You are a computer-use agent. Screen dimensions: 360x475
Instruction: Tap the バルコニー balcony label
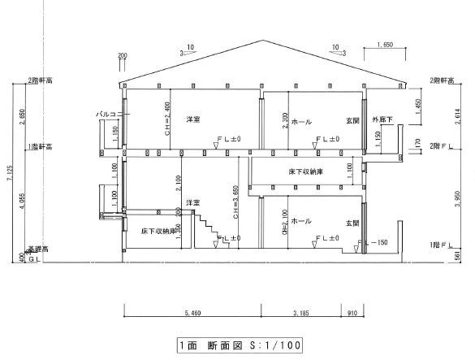[x=109, y=115]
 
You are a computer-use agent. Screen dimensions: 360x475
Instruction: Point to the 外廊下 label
[x=382, y=119]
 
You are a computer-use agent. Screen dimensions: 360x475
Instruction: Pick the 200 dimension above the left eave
[x=123, y=56]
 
